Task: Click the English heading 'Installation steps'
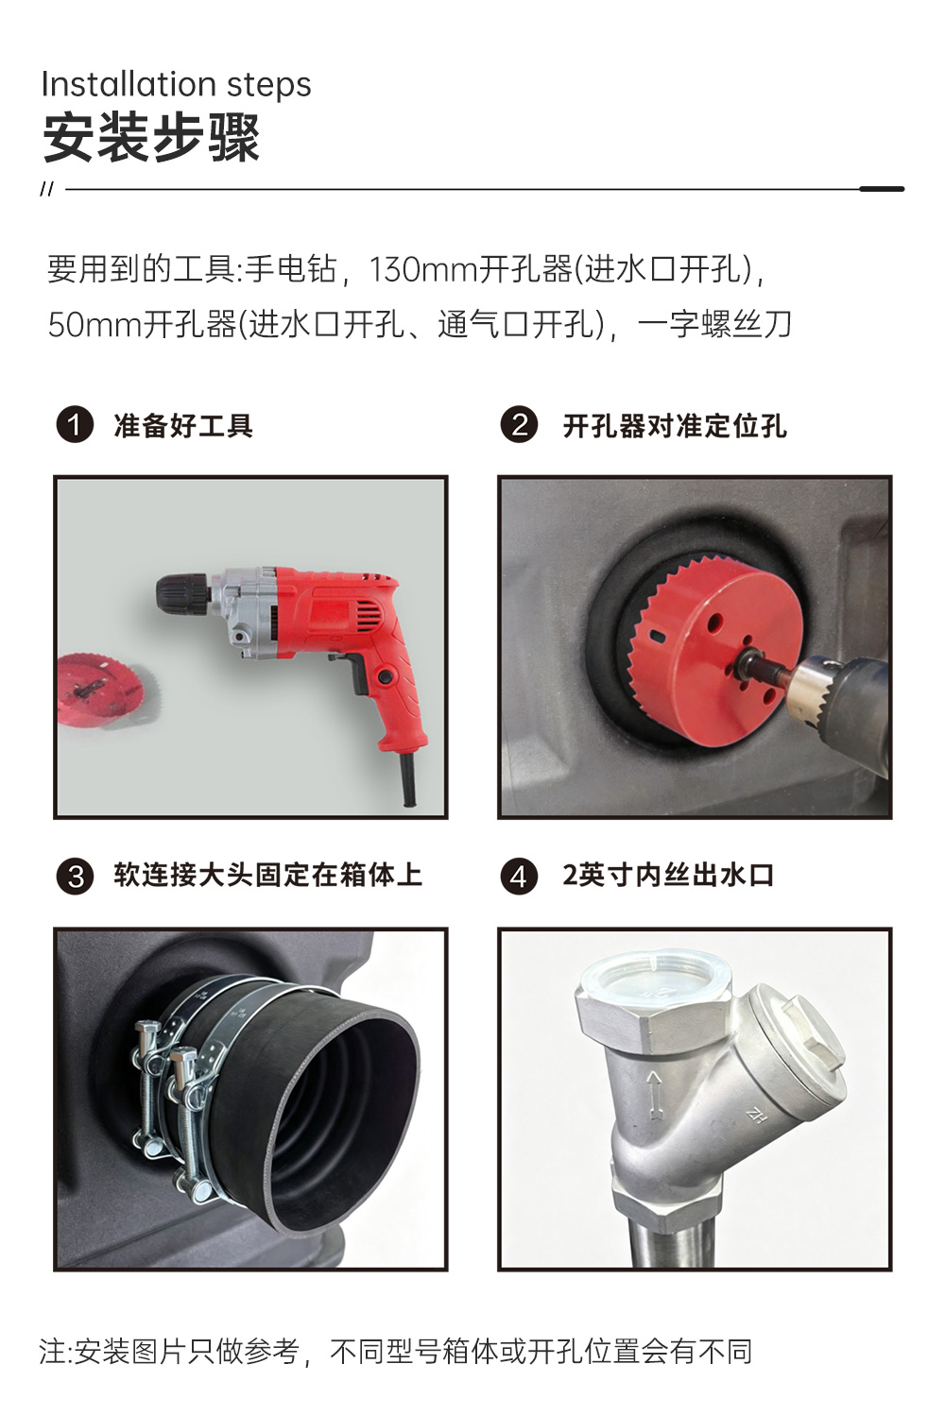177,84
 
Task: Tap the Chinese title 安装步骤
151,138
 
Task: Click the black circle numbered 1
76,424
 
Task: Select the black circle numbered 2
519,424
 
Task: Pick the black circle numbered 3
76,877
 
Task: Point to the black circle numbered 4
519,877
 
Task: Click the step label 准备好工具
183,425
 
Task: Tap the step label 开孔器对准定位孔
675,425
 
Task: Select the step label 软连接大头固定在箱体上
268,876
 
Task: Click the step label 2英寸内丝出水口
668,876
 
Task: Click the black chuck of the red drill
182,592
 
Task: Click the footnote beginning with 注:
396,1352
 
